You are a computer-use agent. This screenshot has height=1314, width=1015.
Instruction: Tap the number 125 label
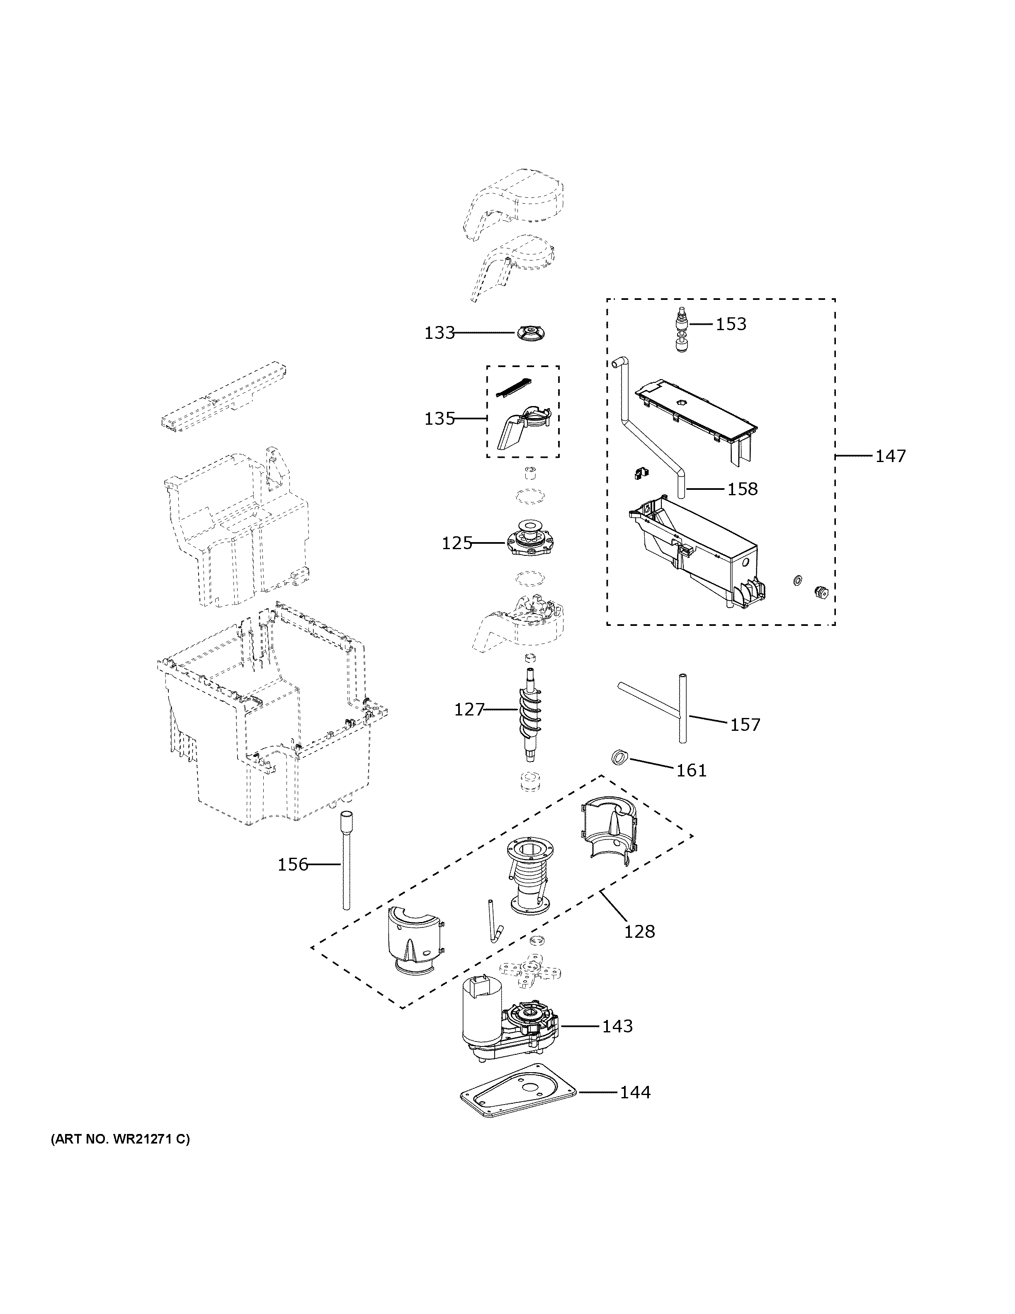point(457,543)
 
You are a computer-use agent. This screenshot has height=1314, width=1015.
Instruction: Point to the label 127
point(469,710)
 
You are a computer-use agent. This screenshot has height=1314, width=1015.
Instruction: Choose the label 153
point(731,324)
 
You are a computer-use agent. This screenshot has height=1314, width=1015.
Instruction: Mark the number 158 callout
point(743,489)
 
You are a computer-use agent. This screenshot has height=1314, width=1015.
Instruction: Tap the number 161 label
point(692,770)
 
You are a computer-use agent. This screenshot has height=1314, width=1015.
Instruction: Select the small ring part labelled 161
point(619,757)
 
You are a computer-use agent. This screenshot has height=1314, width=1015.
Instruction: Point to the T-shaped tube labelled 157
point(682,710)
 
